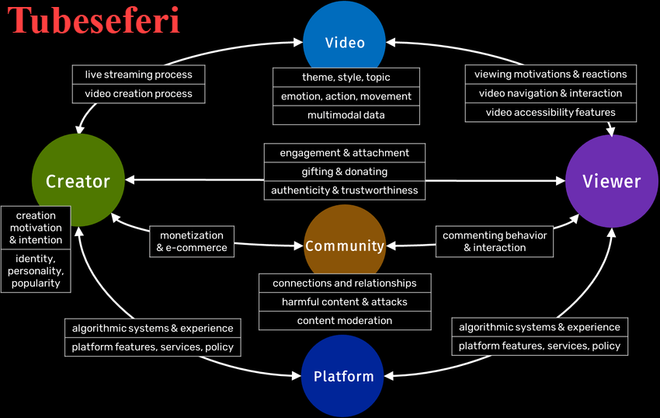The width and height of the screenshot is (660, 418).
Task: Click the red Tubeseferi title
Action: point(94,21)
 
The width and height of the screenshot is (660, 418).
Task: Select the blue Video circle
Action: point(345,42)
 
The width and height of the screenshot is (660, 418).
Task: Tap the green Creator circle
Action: point(78,181)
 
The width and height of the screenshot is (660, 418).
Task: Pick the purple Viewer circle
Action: point(612,181)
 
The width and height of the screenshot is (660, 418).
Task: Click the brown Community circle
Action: point(345,246)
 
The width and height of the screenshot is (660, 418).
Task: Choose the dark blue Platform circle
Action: point(343,376)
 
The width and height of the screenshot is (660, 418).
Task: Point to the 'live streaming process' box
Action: point(139,75)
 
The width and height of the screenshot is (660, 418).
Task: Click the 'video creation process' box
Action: point(139,94)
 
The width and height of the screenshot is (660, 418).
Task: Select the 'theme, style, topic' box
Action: point(346,77)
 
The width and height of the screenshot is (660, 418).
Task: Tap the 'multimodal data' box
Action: point(346,115)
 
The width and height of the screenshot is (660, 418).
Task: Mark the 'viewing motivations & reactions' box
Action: point(551,75)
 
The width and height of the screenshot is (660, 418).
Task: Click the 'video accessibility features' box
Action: point(551,113)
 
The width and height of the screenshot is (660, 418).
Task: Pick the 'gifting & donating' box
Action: point(345,172)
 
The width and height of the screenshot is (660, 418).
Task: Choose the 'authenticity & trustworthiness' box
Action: point(345,190)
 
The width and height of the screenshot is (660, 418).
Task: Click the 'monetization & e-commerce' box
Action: point(192,242)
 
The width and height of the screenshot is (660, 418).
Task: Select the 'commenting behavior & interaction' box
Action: point(495,242)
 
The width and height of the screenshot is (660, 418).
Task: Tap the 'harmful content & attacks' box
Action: point(345,301)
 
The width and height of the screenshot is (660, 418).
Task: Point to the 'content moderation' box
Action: point(345,320)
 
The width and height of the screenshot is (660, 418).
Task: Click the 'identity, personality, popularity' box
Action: point(36,272)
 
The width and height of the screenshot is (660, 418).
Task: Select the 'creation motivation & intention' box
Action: point(36,228)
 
